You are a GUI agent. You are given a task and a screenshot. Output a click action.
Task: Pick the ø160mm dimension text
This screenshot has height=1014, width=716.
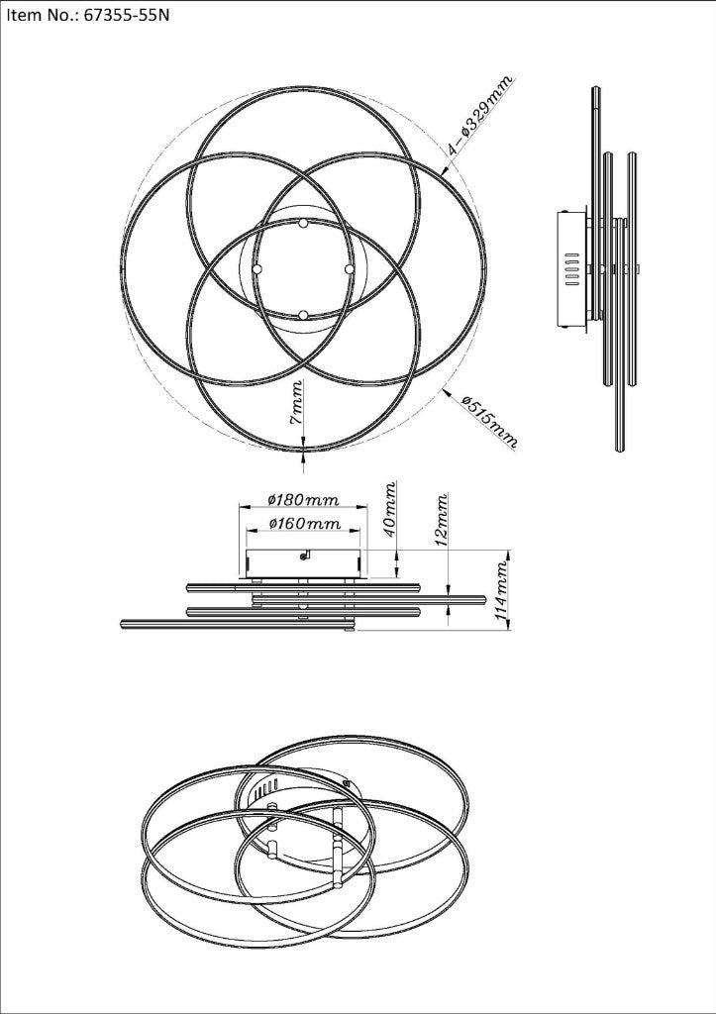pyautogui.click(x=303, y=523)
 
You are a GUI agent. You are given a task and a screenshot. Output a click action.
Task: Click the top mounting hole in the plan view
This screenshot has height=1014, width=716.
pyautogui.click(x=303, y=225)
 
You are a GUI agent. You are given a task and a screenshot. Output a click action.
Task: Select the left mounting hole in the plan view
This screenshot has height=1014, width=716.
pyautogui.click(x=256, y=268)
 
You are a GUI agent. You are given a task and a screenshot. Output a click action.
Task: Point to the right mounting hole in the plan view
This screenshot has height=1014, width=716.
pyautogui.click(x=349, y=268)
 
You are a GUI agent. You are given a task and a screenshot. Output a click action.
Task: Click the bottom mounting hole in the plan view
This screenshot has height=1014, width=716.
pyautogui.click(x=303, y=315)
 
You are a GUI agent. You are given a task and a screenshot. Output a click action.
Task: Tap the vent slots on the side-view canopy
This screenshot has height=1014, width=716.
pyautogui.click(x=569, y=268)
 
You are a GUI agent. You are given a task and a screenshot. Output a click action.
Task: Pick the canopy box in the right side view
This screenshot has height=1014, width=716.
pyautogui.click(x=572, y=268)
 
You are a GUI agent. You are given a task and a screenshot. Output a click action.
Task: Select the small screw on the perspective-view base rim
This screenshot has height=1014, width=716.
pyautogui.click(x=347, y=783)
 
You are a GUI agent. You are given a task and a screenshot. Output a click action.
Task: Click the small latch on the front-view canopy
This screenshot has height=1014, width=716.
pyautogui.click(x=307, y=555)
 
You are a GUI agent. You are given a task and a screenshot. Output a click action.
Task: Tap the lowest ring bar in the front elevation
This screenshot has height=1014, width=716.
pyautogui.click(x=237, y=624)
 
